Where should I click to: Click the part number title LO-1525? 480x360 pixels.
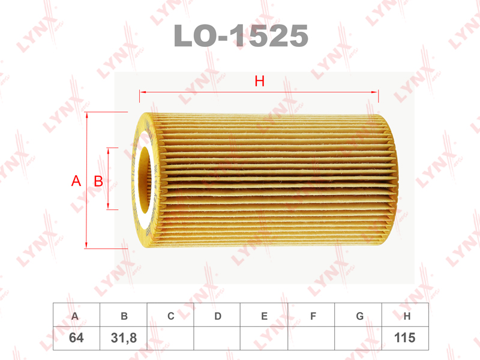pyautogui.click(x=241, y=37)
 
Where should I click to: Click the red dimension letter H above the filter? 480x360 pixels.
pyautogui.click(x=259, y=82)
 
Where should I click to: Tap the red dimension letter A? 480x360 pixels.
pyautogui.click(x=76, y=181)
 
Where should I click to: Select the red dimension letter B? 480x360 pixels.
pyautogui.click(x=99, y=181)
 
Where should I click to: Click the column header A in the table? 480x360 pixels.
pyautogui.click(x=76, y=316)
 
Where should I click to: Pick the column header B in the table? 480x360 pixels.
pyautogui.click(x=124, y=316)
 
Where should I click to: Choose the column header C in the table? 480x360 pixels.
pyautogui.click(x=170, y=316)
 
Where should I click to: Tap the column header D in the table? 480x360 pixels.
pyautogui.click(x=218, y=316)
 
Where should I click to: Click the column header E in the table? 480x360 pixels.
pyautogui.click(x=264, y=316)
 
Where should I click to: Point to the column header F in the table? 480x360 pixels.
pyautogui.click(x=311, y=316)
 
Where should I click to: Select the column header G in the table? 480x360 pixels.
pyautogui.click(x=359, y=316)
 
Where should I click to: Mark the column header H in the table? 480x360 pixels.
pyautogui.click(x=406, y=316)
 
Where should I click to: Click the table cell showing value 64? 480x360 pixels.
pyautogui.click(x=76, y=338)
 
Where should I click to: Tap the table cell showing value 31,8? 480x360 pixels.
pyautogui.click(x=124, y=338)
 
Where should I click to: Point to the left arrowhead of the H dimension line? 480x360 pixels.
pyautogui.click(x=142, y=92)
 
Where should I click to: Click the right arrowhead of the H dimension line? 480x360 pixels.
pyautogui.click(x=376, y=92)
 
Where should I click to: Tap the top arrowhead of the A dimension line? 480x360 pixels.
pyautogui.click(x=88, y=115)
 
